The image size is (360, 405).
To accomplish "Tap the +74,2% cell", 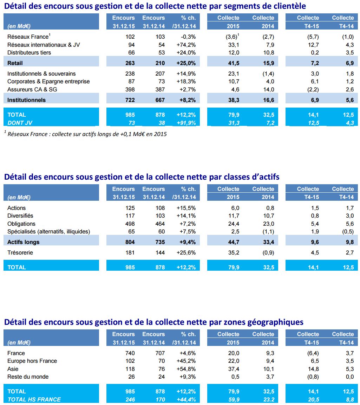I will tap(186, 45).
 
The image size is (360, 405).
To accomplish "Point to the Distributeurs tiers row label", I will tap(29, 52).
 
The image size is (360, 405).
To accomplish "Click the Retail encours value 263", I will tap(130, 63).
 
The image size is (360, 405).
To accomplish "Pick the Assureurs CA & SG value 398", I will tap(130, 89).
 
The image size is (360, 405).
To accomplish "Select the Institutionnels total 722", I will tap(130, 100).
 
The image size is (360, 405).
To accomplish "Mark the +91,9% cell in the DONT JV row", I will tap(186, 122).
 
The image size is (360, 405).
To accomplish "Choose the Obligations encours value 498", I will tap(130, 224).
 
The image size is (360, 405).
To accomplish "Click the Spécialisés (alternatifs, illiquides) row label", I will tap(49, 231).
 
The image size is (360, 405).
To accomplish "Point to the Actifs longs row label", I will tap(24, 242).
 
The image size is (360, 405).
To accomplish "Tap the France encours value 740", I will tap(130, 353).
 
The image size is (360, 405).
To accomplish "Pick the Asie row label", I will tap(13, 369).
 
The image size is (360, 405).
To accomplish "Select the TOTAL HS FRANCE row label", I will tap(34, 399).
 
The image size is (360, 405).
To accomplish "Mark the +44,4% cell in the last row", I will tap(186, 399).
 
